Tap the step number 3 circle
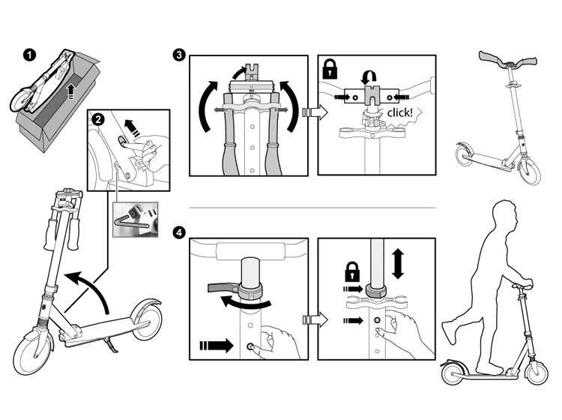coord(178,54)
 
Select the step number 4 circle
coord(178,232)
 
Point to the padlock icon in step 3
coord(330,70)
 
